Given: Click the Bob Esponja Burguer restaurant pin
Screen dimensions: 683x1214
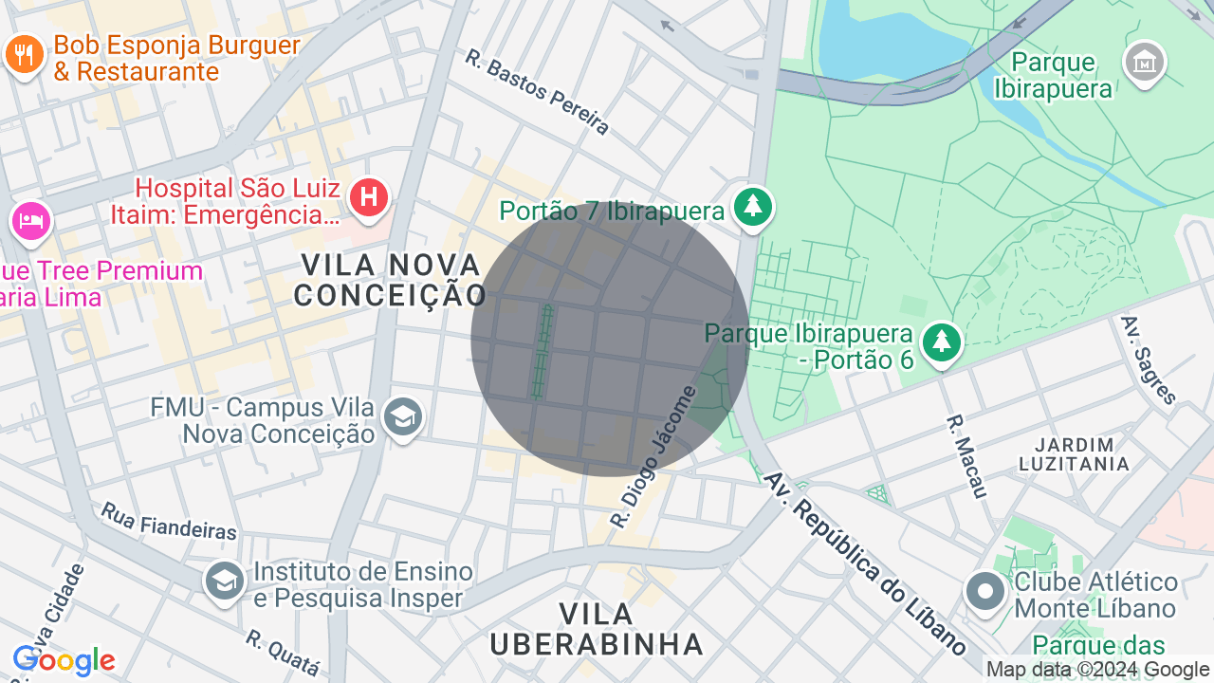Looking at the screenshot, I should pyautogui.click(x=24, y=55).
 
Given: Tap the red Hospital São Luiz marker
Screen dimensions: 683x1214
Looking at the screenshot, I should pyautogui.click(x=368, y=198).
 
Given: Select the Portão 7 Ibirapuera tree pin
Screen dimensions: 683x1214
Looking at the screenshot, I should pyautogui.click(x=753, y=207).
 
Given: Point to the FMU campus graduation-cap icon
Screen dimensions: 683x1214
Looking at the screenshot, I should pyautogui.click(x=402, y=416).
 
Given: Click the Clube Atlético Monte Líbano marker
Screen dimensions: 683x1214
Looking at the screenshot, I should pyautogui.click(x=985, y=592).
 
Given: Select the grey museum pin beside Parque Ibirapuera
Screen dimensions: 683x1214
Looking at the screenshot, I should pyautogui.click(x=1144, y=63).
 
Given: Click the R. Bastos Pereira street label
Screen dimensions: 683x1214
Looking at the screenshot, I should pyautogui.click(x=537, y=91).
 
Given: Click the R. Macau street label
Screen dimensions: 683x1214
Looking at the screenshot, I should pyautogui.click(x=967, y=455).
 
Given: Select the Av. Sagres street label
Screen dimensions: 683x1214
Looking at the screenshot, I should pyautogui.click(x=1149, y=360).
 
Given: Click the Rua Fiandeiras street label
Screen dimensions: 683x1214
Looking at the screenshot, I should pyautogui.click(x=169, y=521).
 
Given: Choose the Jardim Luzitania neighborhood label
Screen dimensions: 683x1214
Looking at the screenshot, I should pyautogui.click(x=1074, y=454).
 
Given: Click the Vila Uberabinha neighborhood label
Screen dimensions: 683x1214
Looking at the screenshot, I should pyautogui.click(x=597, y=628).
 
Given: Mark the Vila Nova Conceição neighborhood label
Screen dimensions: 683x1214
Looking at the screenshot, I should pyautogui.click(x=391, y=279).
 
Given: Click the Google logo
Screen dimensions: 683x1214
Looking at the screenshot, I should pyautogui.click(x=64, y=661).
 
